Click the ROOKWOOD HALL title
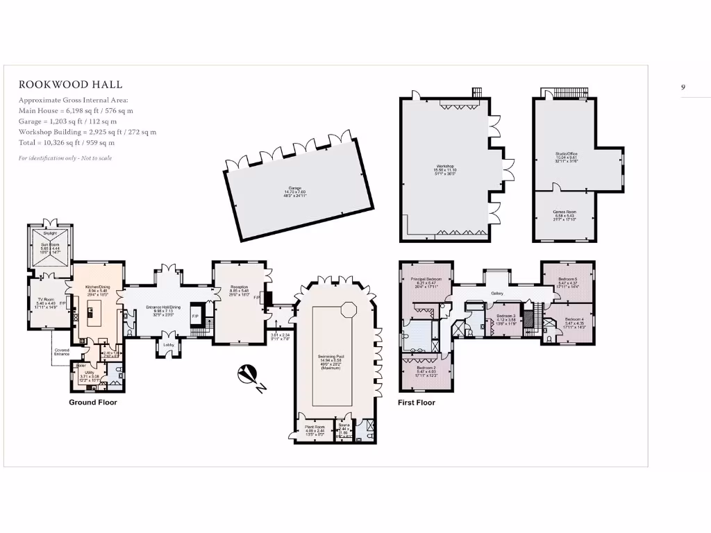tap(70, 85)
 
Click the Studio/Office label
tap(567, 154)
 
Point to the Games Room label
tap(564, 212)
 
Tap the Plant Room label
tap(315, 427)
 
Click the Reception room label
tap(240, 266)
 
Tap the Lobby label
tap(168, 344)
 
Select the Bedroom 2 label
tap(426, 369)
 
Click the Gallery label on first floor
tap(496, 294)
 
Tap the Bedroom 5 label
tap(568, 279)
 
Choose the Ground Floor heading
tap(92, 403)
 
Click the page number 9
tap(683, 87)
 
